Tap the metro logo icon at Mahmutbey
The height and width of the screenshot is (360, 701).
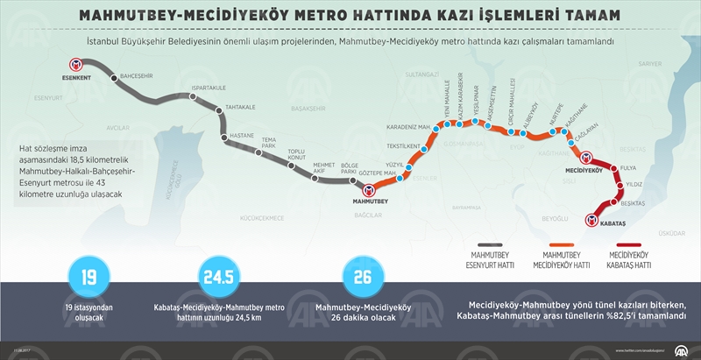(x=370, y=189)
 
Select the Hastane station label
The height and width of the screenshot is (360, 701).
(x=241, y=137)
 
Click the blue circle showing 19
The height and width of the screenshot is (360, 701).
(x=88, y=279)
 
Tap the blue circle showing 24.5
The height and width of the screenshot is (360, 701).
(x=216, y=279)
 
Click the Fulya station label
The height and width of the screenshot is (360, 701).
(x=627, y=166)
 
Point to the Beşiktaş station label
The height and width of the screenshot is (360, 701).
(x=632, y=203)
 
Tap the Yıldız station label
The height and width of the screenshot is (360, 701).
(x=634, y=185)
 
